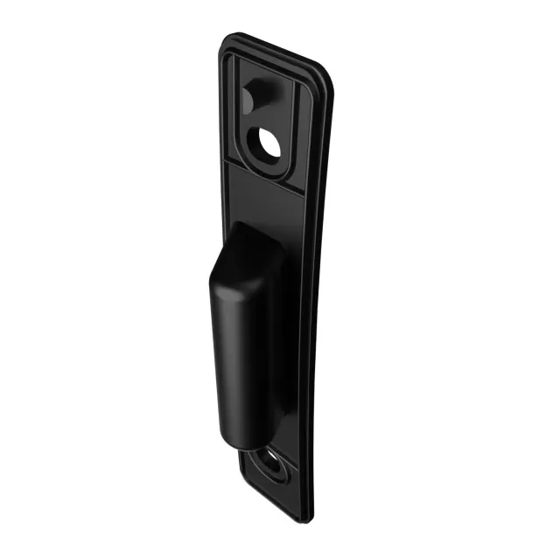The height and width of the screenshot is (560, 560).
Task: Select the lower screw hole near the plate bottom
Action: point(272,465)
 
